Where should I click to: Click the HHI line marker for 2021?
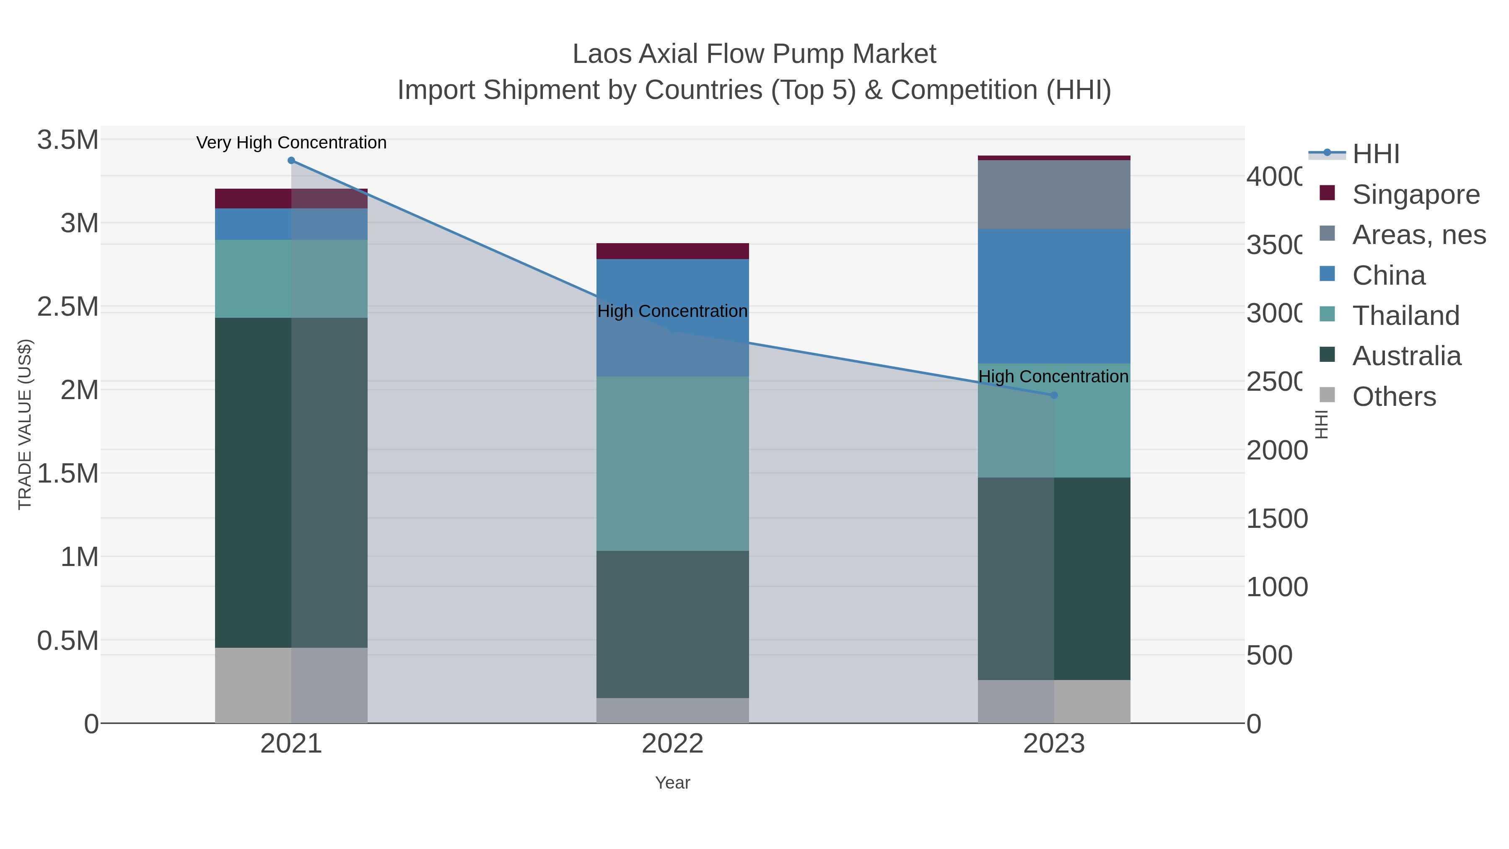point(291,161)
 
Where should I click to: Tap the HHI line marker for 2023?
point(1054,395)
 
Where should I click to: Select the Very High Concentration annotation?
point(291,143)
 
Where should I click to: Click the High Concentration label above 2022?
point(672,311)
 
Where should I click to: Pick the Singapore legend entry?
point(1415,194)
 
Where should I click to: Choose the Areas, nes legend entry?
point(1418,234)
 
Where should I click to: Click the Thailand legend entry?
point(1405,315)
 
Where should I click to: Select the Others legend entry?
point(1394,397)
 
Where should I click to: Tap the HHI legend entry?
point(1375,154)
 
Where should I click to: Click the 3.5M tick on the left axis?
point(68,140)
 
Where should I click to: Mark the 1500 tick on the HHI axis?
point(1276,519)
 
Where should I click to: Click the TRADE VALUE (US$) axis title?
point(25,424)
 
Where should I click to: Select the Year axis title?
point(672,783)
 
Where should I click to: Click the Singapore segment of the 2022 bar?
point(672,251)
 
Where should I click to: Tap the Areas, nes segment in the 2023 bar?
point(1054,195)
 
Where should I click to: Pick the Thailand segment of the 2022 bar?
point(672,463)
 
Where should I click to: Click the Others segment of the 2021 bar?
point(291,685)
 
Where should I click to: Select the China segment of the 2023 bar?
point(1054,296)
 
